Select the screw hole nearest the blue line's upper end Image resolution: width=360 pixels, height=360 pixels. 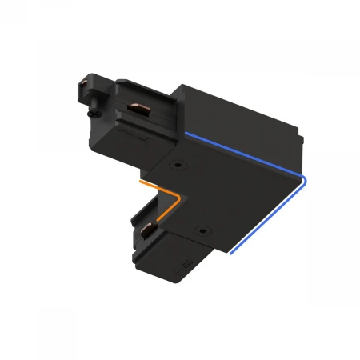click(175, 166)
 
